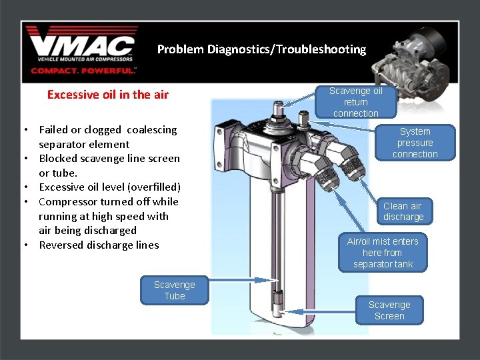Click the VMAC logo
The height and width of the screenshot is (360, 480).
pos(82,45)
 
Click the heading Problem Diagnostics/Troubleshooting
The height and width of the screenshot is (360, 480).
pos(261,49)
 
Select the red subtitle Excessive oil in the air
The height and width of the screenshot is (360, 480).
pos(108,95)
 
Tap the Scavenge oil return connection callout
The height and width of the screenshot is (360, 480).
pos(355,102)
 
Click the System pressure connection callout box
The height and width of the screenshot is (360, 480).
pos(415,143)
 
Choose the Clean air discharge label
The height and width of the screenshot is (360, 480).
pos(403,211)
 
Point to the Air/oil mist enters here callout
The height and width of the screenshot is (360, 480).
pos(383,253)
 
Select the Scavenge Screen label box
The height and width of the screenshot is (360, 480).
pos(389,310)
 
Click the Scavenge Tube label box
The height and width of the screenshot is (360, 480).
pos(175,290)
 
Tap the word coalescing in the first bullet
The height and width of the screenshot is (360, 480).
pos(151,130)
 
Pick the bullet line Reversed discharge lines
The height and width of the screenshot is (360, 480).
pos(99,245)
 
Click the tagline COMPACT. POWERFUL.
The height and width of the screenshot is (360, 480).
pos(83,70)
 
